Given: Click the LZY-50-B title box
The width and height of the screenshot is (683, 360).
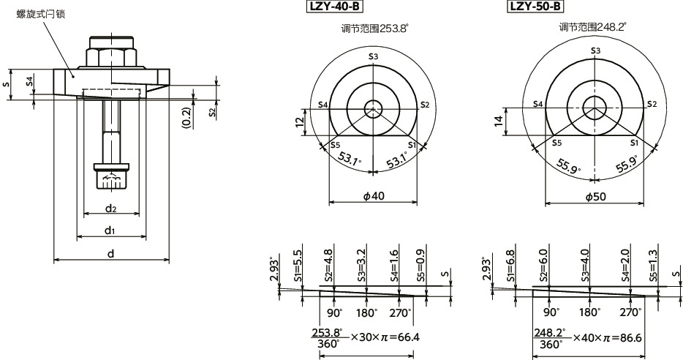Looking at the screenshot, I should tap(535, 7).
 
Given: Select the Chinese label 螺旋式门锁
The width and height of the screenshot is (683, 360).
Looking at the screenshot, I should tap(42, 14).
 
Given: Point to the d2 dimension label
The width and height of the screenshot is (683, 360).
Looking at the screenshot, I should tap(110, 209).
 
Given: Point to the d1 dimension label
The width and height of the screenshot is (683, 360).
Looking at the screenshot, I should tap(110, 230).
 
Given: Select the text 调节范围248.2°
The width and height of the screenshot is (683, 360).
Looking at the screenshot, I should tap(592, 27).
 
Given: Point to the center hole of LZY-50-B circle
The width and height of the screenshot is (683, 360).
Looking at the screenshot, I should tap(594, 105).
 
